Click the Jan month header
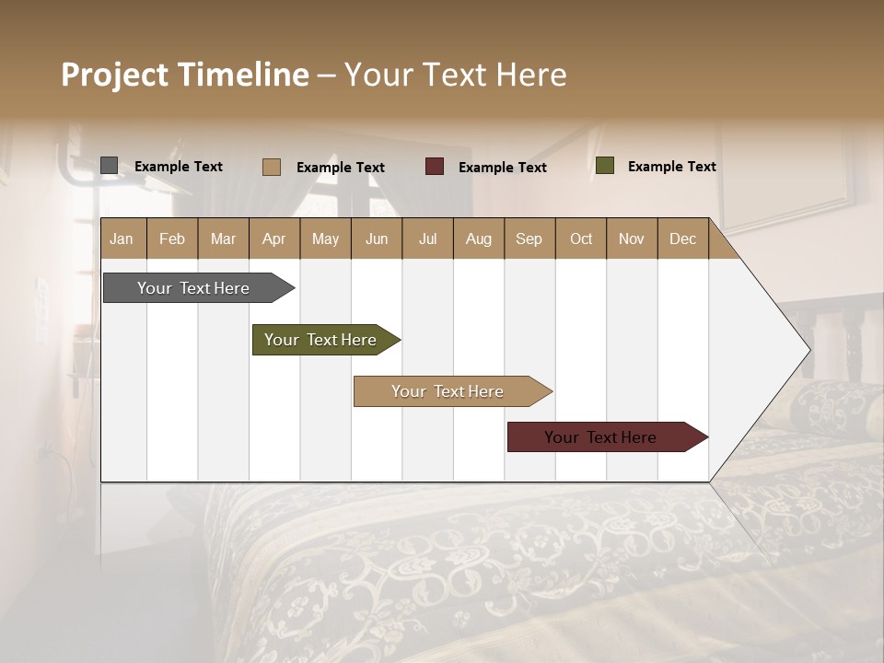click(x=122, y=238)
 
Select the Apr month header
click(x=274, y=238)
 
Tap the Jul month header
click(x=427, y=238)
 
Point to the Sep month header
click(x=529, y=238)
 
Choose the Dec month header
click(x=682, y=238)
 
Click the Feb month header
click(x=172, y=238)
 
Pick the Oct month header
click(x=581, y=238)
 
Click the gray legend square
click(x=110, y=166)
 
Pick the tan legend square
click(x=272, y=167)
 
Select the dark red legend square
click(x=435, y=167)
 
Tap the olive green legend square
click(x=605, y=166)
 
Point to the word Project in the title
click(x=114, y=75)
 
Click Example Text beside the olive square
click(x=671, y=167)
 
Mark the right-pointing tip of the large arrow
click(x=808, y=350)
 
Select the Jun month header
click(x=377, y=238)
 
